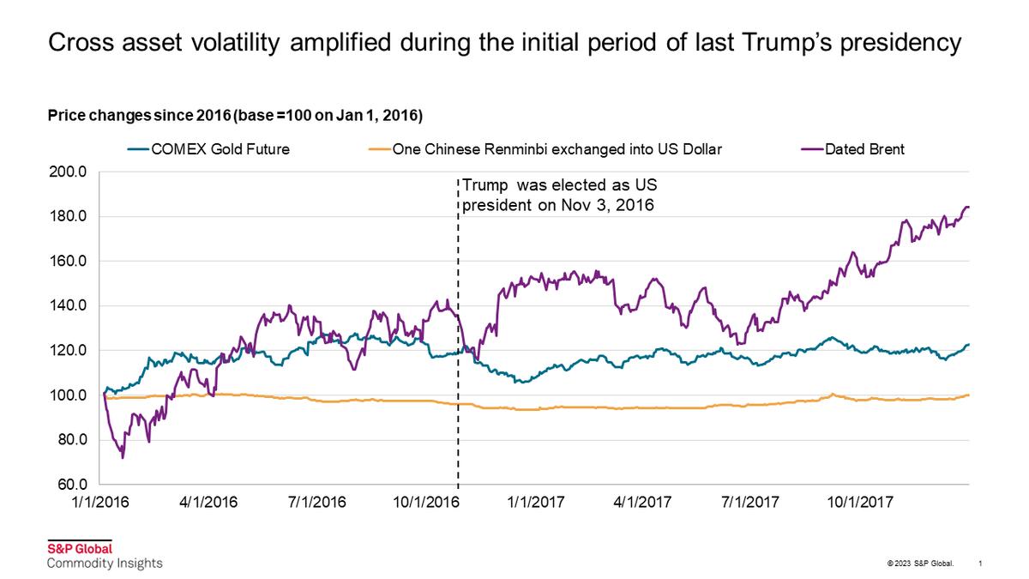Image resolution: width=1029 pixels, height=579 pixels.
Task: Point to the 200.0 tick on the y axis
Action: pos(69,172)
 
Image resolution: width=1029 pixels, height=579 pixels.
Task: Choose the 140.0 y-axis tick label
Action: pos(69,306)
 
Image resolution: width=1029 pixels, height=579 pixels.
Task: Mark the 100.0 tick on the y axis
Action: pos(69,395)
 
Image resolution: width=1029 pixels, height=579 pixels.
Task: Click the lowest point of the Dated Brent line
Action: pos(123,457)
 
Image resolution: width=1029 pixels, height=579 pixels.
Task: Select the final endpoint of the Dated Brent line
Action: pos(968,207)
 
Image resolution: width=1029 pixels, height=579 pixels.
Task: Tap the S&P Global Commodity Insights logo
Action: pos(103,556)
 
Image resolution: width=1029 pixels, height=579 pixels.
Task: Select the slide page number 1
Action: pos(980,564)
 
